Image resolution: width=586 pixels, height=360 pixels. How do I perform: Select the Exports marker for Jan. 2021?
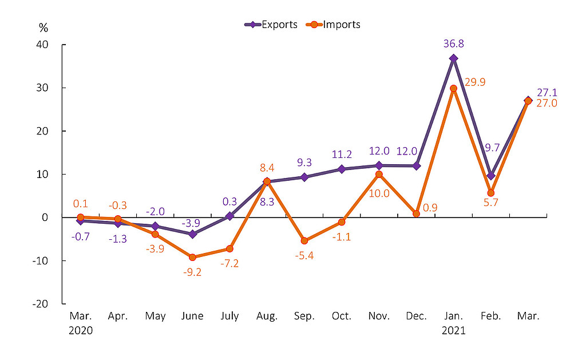453,58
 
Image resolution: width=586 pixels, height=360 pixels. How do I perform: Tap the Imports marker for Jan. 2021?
453,89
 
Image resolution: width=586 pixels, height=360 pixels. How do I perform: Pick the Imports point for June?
192,257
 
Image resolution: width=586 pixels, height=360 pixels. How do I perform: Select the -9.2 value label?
192,273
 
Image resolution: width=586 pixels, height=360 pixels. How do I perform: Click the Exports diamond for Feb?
490,176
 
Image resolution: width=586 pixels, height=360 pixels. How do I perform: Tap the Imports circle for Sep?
304,241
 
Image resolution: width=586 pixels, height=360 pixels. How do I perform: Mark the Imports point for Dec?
416,213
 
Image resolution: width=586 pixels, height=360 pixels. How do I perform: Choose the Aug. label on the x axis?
267,317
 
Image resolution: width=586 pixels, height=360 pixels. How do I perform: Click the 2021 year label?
453,330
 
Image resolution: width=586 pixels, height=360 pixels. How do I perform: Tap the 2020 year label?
80,330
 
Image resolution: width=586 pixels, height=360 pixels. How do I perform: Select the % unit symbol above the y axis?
43,27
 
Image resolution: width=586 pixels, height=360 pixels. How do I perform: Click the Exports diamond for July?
229,216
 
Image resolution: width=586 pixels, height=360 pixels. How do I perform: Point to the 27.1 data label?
547,92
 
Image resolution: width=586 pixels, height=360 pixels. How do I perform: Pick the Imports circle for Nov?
379,174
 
